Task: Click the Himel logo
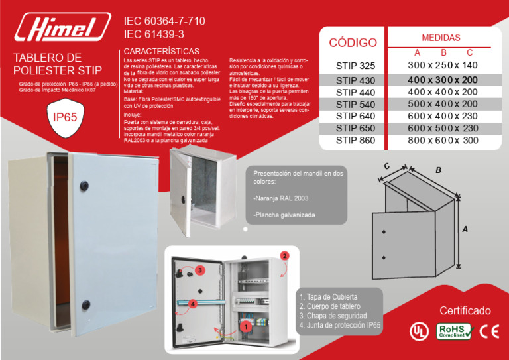64,28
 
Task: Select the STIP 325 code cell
355,66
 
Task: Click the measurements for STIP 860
442,141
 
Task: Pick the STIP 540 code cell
355,104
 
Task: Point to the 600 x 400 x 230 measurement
442,115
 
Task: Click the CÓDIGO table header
353,43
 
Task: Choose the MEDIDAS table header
441,38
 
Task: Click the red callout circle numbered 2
284,255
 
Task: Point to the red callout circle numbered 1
245,326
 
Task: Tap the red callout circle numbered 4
192,304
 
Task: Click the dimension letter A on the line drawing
465,229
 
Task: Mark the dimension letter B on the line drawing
438,171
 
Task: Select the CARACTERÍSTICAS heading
162,51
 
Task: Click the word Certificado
465,311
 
